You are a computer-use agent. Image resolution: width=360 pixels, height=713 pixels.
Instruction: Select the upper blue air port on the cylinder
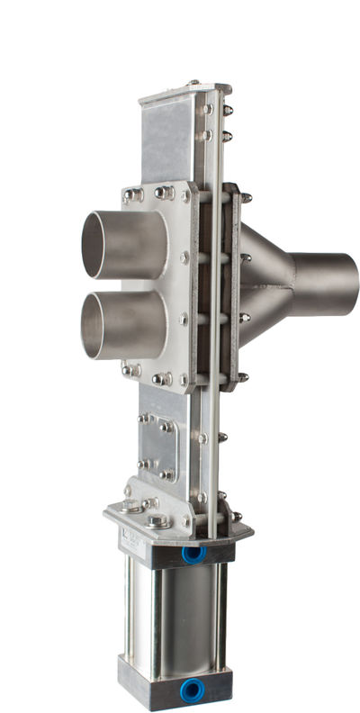point(193,555)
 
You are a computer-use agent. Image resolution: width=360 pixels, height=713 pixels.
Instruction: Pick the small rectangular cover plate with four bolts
point(157,447)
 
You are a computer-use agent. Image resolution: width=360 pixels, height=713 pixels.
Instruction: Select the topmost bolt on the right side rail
point(226,110)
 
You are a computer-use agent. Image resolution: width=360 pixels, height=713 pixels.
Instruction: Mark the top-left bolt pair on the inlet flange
point(133,194)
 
